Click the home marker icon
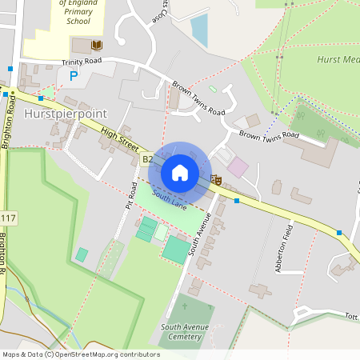coord(180,173)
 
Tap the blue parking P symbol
coord(74,76)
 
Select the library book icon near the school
coord(97,46)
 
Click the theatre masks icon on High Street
coord(216,181)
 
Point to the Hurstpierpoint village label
coord(66,114)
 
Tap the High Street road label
coord(119,138)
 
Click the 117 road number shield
coord(8,218)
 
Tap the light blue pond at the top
coord(198,30)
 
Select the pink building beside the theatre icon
coord(238,168)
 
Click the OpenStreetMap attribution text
coord(80,354)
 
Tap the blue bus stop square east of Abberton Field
coord(339,233)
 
